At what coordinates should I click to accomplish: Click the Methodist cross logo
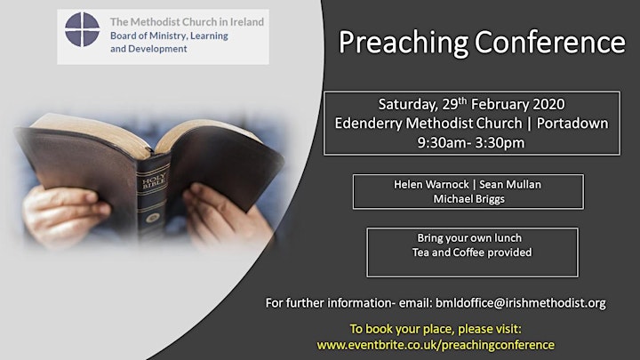pos(82,29)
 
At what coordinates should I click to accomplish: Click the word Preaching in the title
pos(404,43)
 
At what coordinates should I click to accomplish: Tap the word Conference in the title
pos(550,42)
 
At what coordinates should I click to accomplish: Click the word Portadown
pos(572,124)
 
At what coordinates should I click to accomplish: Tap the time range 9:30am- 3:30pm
pos(470,142)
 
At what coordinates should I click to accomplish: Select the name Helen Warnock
pos(431,185)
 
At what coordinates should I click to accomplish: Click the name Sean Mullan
pos(510,185)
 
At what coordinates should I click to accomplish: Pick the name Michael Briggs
pos(468,199)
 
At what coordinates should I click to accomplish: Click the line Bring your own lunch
pos(469,238)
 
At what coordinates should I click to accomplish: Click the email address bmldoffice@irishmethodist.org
pos(520,303)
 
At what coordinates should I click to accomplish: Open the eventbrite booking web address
pos(436,345)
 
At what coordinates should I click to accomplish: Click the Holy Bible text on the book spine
pos(154,180)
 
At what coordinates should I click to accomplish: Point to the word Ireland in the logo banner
pos(247,21)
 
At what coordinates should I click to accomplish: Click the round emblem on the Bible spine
pos(153,218)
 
